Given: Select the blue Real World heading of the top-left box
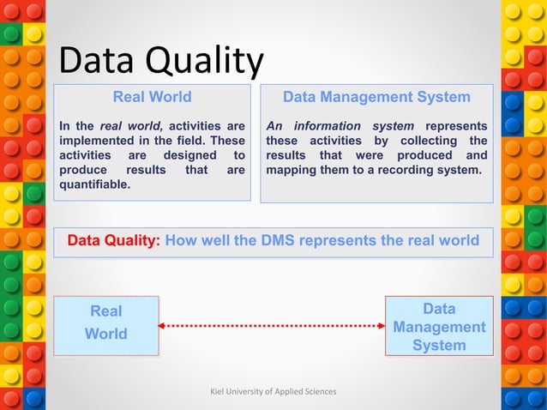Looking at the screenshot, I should (152, 97).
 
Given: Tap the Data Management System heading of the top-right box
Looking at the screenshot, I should (376, 97).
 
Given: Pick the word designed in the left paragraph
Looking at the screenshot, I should (187, 155).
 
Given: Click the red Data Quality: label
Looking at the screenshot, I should (114, 241).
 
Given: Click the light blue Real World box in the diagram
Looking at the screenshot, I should (106, 324).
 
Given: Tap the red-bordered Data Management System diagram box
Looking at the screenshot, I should (439, 326).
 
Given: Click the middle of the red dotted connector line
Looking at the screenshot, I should (272, 325).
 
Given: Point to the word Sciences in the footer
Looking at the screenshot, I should (320, 391).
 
